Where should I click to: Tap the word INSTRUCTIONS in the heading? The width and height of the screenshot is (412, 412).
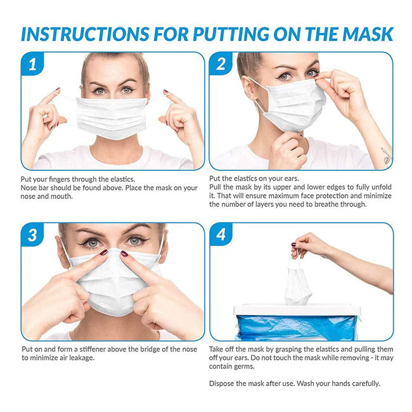[x=84, y=34]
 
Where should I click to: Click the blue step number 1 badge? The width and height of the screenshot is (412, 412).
[x=32, y=63]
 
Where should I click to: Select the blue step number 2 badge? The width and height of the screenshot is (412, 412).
[x=221, y=63]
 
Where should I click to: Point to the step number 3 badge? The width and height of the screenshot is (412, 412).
[x=32, y=235]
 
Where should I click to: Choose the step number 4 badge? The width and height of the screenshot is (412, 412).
[x=221, y=235]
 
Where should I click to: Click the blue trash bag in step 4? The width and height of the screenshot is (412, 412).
[x=297, y=327]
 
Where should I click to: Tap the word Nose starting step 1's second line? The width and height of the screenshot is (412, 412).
[x=28, y=188]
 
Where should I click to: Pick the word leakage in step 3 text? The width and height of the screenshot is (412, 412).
[x=82, y=358]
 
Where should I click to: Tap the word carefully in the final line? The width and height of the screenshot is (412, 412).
[x=366, y=383]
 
